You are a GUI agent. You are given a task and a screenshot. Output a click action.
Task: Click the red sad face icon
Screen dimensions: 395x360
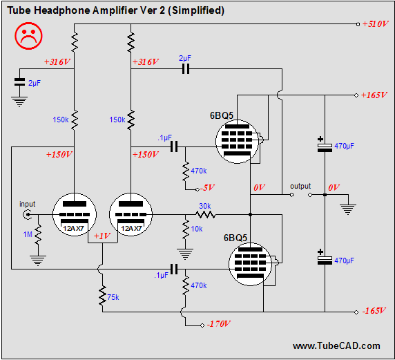[28, 36]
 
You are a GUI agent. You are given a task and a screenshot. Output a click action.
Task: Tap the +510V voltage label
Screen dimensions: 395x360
[376, 24]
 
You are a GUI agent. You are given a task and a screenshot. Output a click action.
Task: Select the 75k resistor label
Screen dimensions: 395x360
[113, 298]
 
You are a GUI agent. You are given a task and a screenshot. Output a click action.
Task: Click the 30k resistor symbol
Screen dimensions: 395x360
[205, 214]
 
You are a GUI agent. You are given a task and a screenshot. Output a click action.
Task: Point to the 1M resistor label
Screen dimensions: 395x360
[28, 234]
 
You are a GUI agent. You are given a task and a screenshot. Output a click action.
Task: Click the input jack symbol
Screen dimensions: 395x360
[27, 214]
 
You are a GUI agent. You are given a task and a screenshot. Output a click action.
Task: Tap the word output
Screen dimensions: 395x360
[300, 187]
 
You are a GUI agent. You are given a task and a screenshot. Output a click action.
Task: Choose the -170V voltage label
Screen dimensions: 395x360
[218, 323]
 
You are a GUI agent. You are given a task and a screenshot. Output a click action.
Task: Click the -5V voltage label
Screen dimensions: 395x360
[207, 188]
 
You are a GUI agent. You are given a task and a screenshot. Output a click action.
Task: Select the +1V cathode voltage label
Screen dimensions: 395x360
[102, 236]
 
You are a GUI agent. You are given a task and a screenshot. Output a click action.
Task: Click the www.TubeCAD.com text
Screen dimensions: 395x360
[336, 346]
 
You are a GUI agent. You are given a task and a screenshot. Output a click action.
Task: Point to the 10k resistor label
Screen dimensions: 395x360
[197, 229]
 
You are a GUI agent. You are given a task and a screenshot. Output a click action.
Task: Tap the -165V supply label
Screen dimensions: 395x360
[374, 310]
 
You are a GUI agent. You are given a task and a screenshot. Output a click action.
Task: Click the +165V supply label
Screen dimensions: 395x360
[374, 95]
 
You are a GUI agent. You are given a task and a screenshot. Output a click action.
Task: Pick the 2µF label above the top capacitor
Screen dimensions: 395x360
[185, 59]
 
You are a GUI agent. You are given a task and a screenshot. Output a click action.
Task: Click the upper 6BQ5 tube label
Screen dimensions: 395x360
[222, 115]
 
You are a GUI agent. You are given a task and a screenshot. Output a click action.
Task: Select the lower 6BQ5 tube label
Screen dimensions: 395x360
[235, 238]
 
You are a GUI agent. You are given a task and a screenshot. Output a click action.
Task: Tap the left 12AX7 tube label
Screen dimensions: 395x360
[73, 229]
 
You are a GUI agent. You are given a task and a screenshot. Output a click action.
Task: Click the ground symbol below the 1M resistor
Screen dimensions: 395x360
[38, 260]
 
